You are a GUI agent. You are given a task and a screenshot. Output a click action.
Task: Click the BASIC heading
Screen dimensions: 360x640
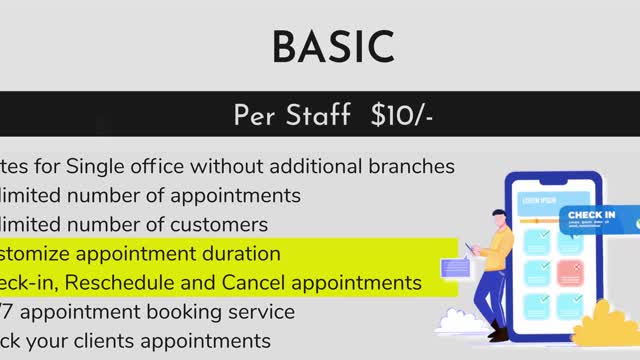pos(333,47)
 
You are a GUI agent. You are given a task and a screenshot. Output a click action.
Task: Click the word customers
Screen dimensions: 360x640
pos(220,224)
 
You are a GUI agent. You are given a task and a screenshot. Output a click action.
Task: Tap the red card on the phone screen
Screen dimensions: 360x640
pos(569,270)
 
